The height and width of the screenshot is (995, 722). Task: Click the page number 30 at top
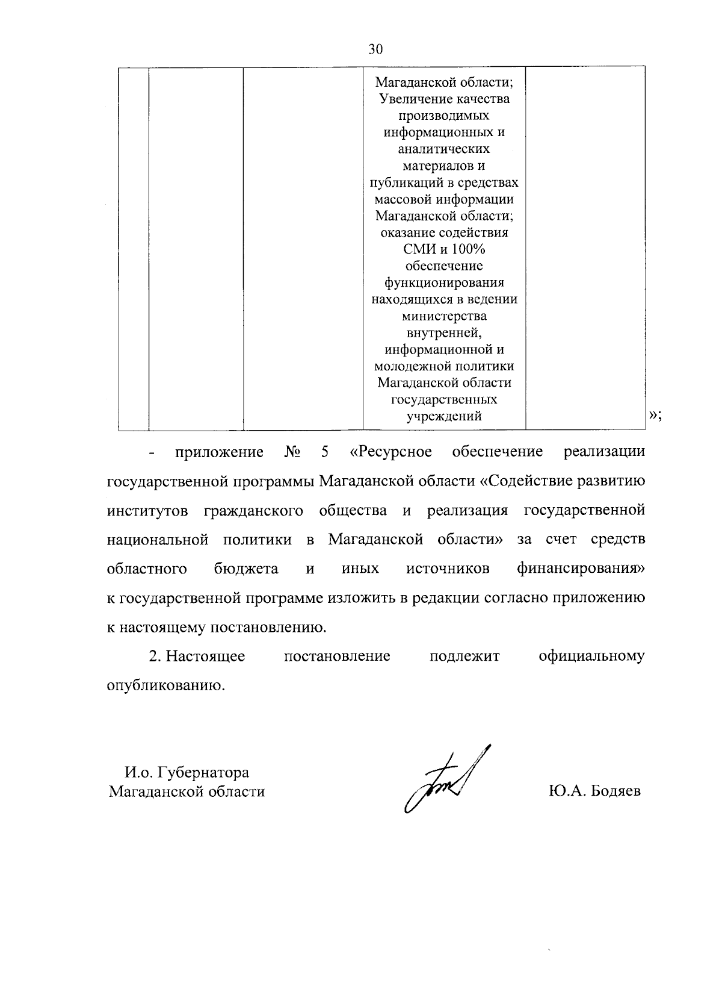coord(375,50)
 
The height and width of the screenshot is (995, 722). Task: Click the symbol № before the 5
coord(292,452)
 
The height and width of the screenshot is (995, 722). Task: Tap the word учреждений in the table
coord(444,416)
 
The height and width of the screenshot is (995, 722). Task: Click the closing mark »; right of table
coord(655,415)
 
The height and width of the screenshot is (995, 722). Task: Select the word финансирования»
coord(581,569)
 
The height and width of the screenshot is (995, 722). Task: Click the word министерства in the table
coord(444,316)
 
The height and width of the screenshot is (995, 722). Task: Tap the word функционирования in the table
coord(444,282)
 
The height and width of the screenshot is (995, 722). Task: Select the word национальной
coord(158,540)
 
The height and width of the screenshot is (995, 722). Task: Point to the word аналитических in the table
coord(444,149)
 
